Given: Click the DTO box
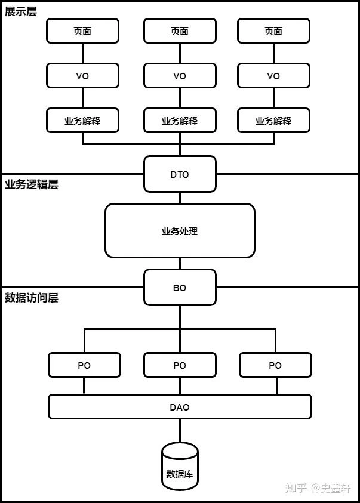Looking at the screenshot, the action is pos(180,174).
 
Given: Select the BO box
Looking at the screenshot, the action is pos(180,288).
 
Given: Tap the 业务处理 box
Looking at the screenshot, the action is pos(180,231).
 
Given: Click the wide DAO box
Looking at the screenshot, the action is pos(180,407).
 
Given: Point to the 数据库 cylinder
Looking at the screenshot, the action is pos(180,467).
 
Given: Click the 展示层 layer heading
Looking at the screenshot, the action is pos(21,11).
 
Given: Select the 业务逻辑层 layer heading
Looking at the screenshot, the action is pos(32,184).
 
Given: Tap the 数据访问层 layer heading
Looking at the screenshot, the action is pos(32,298).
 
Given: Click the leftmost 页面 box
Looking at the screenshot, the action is pos(82,31).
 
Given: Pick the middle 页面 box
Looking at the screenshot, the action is pos(180,31).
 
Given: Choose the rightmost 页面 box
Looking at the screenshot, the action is pos(273,31).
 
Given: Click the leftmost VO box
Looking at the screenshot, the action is pos(82,76).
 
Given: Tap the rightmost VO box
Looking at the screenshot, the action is pos(273,76).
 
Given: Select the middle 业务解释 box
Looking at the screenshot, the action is pos(180,121).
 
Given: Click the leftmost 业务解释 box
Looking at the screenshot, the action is pos(82,121).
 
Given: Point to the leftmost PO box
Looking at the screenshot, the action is pos(84,365).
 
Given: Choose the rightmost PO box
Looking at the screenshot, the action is pos(275,365).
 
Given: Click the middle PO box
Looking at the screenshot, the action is pos(180,365).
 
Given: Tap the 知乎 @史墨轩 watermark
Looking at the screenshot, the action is pos(318,488).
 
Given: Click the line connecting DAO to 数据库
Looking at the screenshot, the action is pos(180,431).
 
